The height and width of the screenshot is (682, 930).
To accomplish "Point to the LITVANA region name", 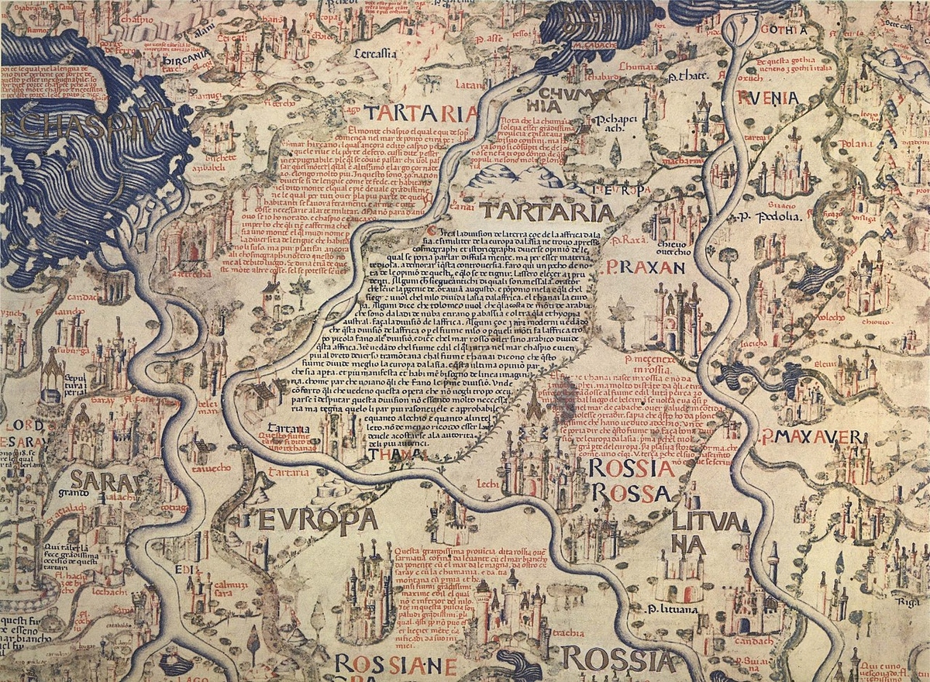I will (x=689, y=532).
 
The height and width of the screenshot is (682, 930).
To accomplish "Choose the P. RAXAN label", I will (x=642, y=268).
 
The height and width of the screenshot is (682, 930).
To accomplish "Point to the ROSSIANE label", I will (x=395, y=665).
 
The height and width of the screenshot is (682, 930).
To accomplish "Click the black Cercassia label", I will (x=375, y=53).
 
